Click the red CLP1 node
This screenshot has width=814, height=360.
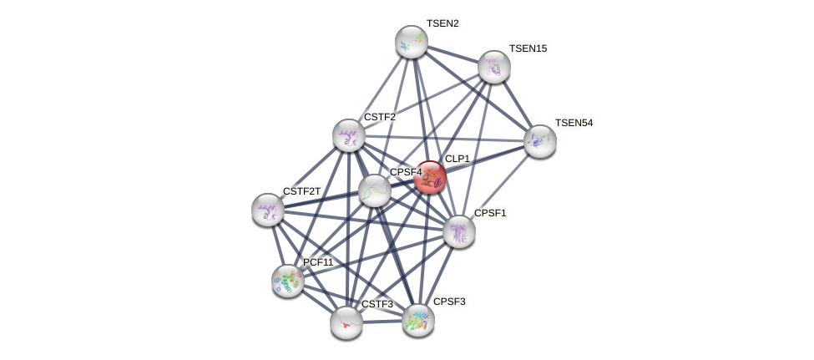tap(430, 177)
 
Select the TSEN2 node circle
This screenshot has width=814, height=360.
tap(412, 42)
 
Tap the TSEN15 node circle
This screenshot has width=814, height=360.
tap(494, 67)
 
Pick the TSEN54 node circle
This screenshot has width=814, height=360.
tap(540, 141)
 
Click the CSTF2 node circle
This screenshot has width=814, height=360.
tap(349, 135)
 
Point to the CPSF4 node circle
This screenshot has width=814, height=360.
tap(375, 190)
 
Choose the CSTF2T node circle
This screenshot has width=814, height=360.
tap(268, 210)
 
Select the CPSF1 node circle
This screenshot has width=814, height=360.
tap(459, 231)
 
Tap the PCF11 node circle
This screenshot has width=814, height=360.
tap(288, 281)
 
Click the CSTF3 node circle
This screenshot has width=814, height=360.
tap(346, 322)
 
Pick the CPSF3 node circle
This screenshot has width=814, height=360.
tap(418, 319)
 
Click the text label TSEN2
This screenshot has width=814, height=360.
tap(442, 23)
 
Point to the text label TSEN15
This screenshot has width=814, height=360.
tap(528, 48)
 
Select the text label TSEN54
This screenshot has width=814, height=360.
tap(574, 123)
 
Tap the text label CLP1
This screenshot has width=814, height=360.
tap(458, 159)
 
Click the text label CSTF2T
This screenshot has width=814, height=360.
tap(301, 191)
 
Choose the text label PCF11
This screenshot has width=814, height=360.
tap(318, 262)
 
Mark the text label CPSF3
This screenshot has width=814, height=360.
tap(450, 302)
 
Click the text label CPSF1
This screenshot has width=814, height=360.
tap(490, 213)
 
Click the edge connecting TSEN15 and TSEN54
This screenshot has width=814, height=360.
tap(518, 104)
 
